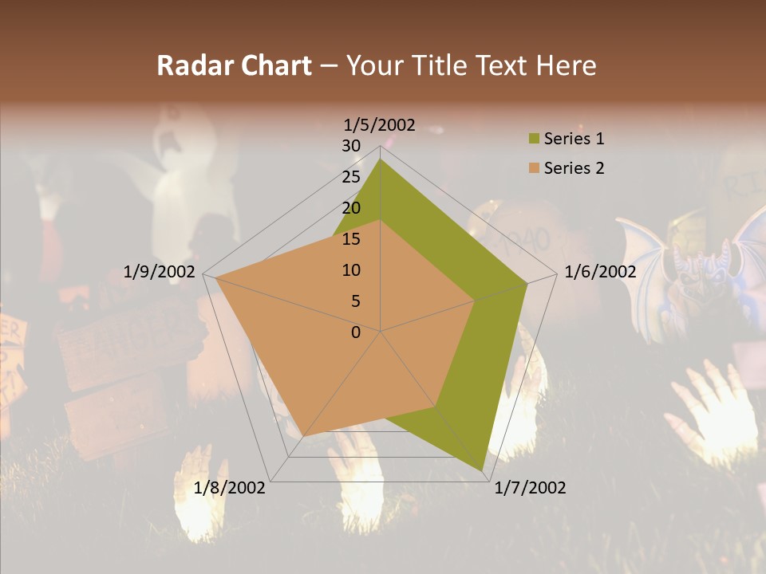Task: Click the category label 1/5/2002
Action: (380, 124)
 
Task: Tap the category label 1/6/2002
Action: (600, 272)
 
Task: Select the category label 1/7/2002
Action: (530, 488)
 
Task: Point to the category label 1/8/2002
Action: (230, 488)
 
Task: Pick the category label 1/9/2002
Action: (160, 272)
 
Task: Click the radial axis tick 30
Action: (351, 146)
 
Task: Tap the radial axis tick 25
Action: (351, 177)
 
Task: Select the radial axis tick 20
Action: (351, 208)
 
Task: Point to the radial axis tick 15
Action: (351, 239)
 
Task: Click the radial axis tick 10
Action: (351, 270)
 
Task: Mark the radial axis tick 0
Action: (356, 332)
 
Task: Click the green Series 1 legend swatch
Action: (534, 140)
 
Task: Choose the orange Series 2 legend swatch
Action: (534, 168)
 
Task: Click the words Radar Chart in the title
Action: (234, 65)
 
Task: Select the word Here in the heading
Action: (567, 65)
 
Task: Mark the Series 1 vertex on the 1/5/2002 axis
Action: (381, 159)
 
